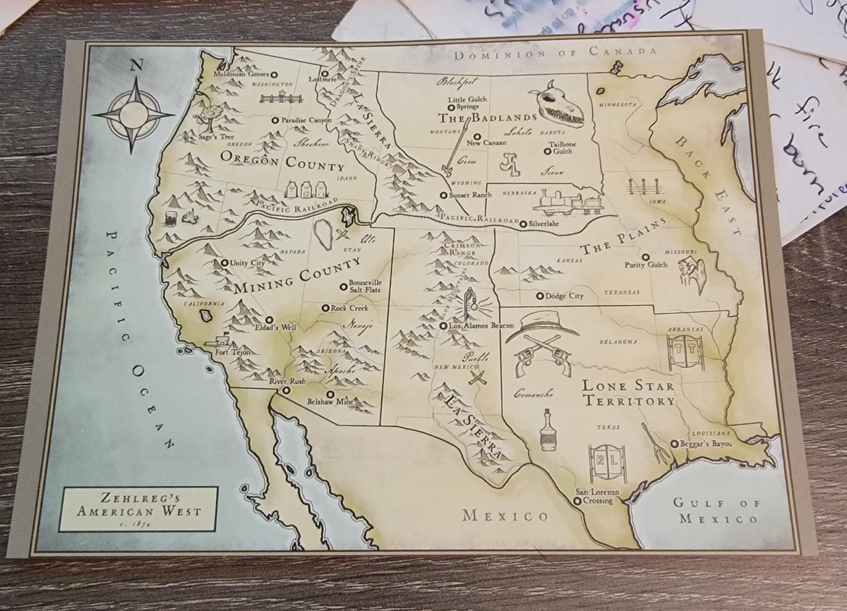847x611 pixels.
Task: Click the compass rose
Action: click(x=133, y=114)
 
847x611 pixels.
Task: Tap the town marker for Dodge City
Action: click(x=540, y=296)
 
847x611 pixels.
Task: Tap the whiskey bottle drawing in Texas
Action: click(x=547, y=429)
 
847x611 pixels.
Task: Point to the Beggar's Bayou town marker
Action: click(x=675, y=444)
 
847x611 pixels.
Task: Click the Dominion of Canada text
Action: click(x=555, y=54)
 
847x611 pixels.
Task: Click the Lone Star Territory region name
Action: click(x=627, y=394)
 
